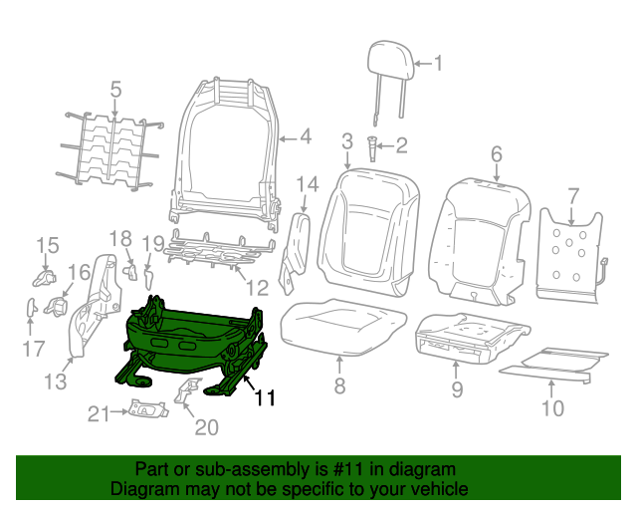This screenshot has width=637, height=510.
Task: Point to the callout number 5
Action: point(115,90)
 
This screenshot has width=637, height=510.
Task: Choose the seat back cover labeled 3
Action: point(363,224)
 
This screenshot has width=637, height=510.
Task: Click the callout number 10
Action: point(551,407)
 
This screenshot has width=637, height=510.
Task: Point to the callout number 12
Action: point(258,289)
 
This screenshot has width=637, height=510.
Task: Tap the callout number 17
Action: point(33,348)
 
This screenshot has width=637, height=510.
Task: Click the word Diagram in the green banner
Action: point(142,490)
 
